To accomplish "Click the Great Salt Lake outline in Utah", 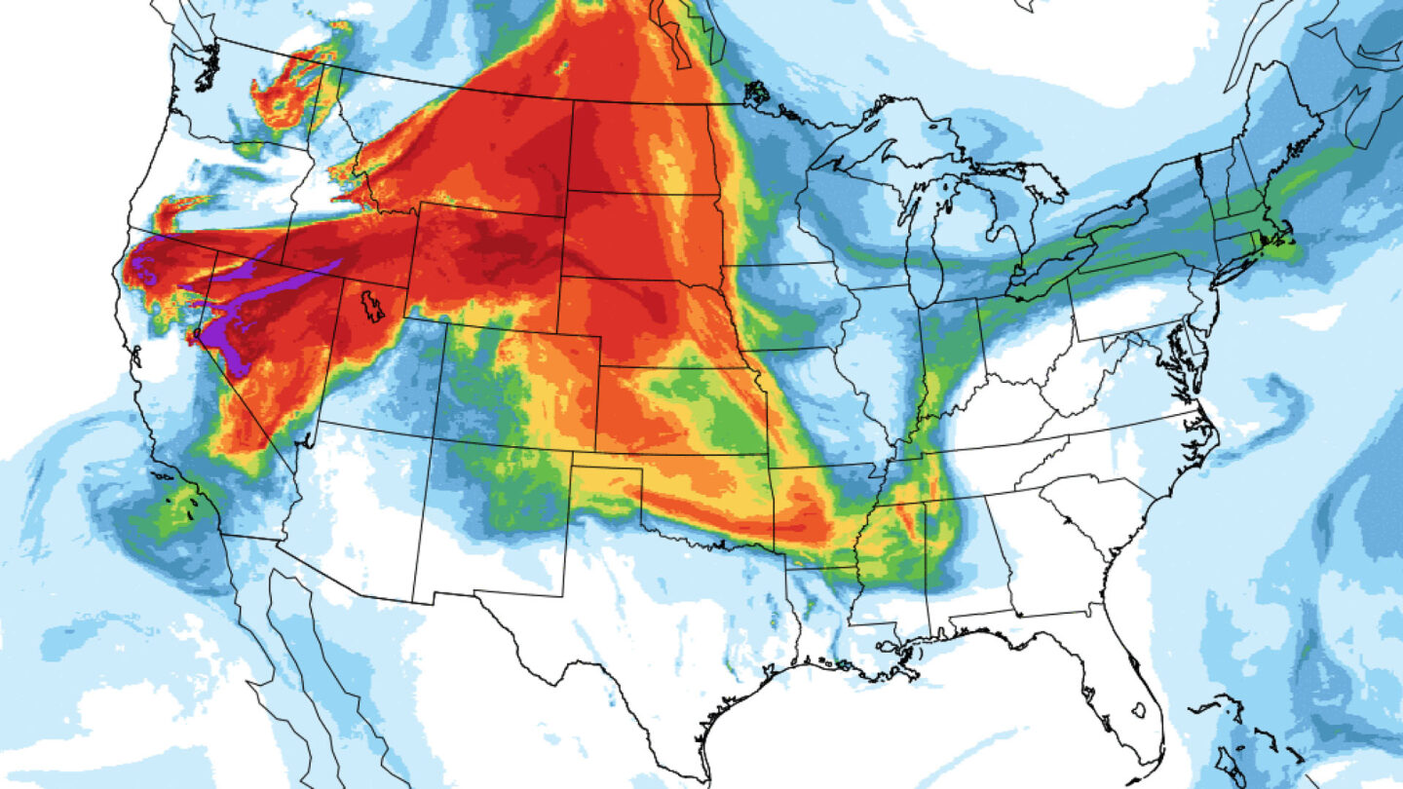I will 371,307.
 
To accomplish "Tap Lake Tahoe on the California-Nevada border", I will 197,334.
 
